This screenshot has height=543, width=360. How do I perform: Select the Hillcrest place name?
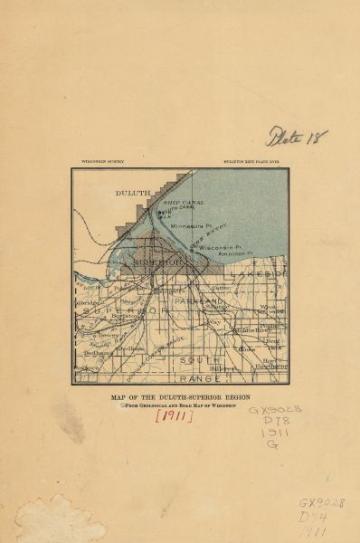tap(223, 369)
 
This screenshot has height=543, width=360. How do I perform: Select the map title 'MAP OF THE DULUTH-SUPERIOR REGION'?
tap(181, 395)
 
